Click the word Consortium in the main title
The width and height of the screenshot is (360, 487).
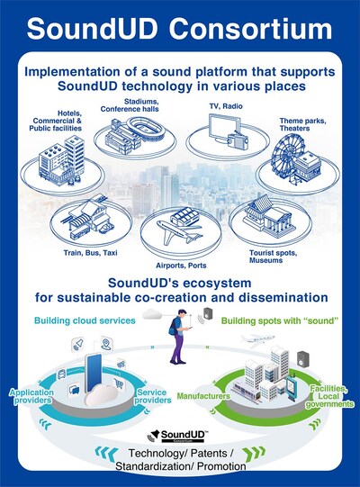click(x=250, y=29)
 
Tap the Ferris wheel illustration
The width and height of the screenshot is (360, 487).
click(x=283, y=159)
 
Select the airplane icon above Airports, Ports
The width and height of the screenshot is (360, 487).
click(x=178, y=231)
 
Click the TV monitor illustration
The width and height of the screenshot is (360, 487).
click(x=222, y=128)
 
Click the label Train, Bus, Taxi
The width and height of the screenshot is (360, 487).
click(x=90, y=253)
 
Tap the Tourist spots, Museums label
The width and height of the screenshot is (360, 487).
click(x=273, y=257)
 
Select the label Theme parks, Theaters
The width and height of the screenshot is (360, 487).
click(x=302, y=124)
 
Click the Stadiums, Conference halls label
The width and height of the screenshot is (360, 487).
click(x=130, y=105)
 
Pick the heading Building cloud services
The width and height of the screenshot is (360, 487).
click(x=85, y=320)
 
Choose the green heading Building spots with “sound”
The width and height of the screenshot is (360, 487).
click(x=279, y=320)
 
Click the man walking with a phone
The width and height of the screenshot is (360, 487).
click(x=180, y=337)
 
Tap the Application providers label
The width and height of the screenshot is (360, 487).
click(x=31, y=396)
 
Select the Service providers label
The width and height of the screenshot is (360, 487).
click(x=152, y=396)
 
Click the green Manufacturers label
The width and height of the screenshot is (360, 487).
click(x=203, y=396)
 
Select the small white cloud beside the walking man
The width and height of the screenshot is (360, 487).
click(x=152, y=314)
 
